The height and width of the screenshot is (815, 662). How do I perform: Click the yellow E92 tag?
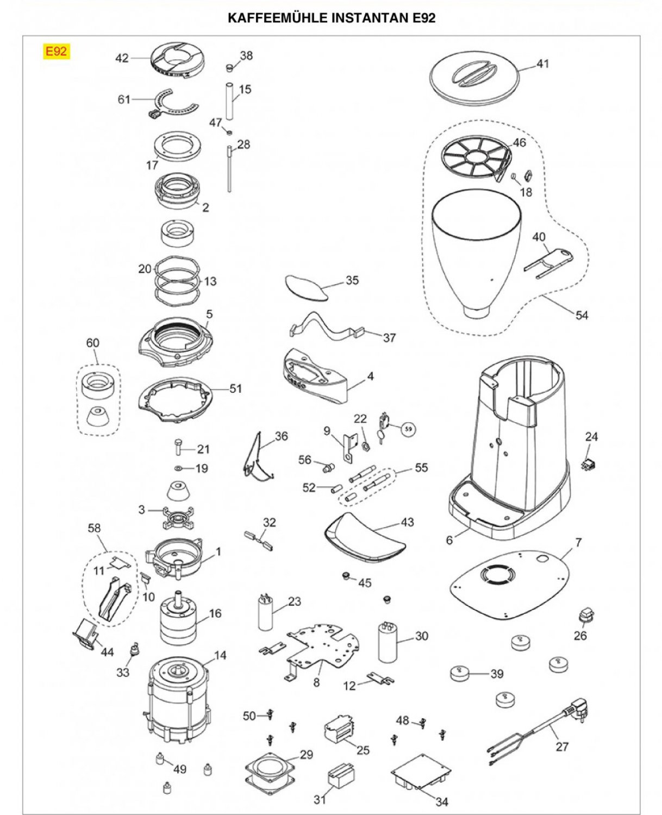(56, 52)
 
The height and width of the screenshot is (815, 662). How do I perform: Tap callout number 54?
(582, 315)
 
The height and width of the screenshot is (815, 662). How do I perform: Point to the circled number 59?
(408, 429)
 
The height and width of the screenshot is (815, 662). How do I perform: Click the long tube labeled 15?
(229, 101)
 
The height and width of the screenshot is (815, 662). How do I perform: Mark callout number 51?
(235, 388)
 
